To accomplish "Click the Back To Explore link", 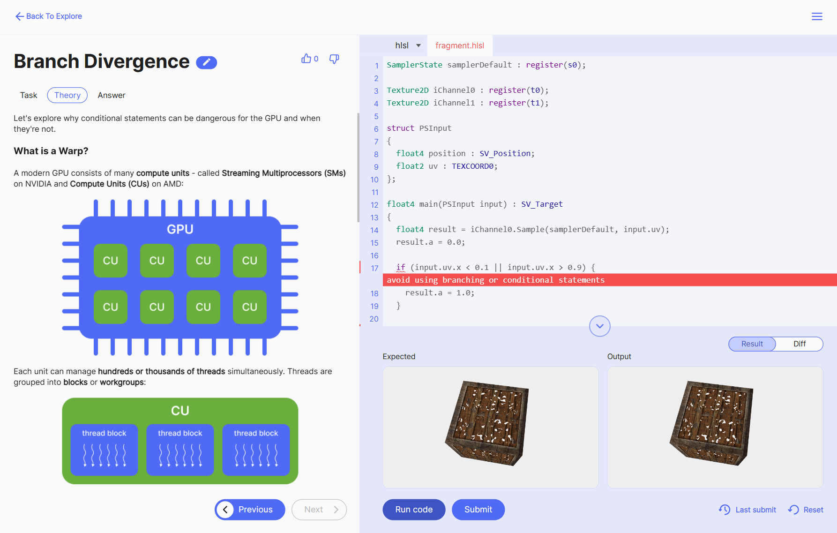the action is click(x=49, y=16).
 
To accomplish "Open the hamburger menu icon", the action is click(x=817, y=16).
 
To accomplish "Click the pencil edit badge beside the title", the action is click(x=206, y=62).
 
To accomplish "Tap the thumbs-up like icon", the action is click(x=306, y=59).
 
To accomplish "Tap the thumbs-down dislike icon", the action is click(x=334, y=59).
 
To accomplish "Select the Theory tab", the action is click(x=67, y=95).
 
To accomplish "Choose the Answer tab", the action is click(x=112, y=95).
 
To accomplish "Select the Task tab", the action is click(x=29, y=95).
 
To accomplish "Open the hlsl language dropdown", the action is click(x=407, y=45).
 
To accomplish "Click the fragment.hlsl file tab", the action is click(x=460, y=45).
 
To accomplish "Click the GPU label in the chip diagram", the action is click(x=180, y=229).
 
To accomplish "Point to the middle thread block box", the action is click(x=180, y=450).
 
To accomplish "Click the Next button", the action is click(x=319, y=510).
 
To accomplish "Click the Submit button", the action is click(x=478, y=510).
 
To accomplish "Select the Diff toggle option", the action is click(x=799, y=344).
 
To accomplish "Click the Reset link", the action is click(x=806, y=510).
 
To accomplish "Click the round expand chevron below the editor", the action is click(x=599, y=326).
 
